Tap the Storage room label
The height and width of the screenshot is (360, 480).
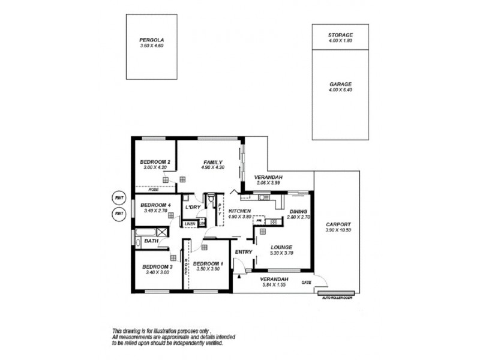(340, 35)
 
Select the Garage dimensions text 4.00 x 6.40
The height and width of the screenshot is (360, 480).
(340, 90)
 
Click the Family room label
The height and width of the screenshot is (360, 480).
(213, 162)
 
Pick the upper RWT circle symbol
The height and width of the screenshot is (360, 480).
(116, 199)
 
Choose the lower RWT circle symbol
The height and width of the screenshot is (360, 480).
(116, 215)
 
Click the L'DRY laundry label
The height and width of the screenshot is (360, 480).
(193, 207)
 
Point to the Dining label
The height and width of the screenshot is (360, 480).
(298, 212)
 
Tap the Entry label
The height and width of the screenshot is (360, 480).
(243, 252)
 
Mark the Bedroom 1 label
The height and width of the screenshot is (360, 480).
(208, 263)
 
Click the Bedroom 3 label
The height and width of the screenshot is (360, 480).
(158, 266)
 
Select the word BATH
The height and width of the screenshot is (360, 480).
(150, 242)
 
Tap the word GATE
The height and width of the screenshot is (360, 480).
(307, 281)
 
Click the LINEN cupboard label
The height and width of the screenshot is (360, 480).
(190, 224)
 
